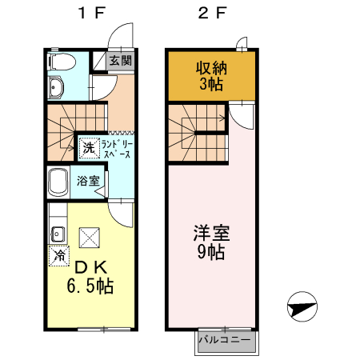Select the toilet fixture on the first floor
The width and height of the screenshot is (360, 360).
(x=62, y=62)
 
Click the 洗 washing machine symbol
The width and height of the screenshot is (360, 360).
(x=88, y=147)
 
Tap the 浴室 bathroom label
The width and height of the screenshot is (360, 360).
(x=88, y=181)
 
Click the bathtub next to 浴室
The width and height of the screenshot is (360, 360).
(x=59, y=184)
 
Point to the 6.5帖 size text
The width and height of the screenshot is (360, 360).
(x=90, y=286)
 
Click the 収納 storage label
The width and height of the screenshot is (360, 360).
(x=212, y=66)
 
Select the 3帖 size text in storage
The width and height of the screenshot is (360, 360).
(x=211, y=82)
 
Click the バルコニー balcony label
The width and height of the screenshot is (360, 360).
(x=225, y=340)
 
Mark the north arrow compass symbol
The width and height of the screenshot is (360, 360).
(x=302, y=306)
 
